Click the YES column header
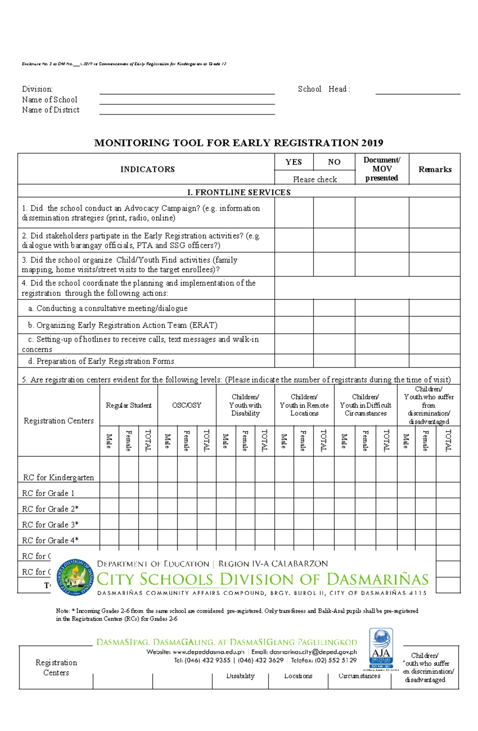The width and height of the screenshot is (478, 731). tap(294, 162)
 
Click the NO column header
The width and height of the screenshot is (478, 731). tap(334, 162)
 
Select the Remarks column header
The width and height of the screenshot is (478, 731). tap(435, 169)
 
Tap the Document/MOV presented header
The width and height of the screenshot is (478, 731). tap(382, 169)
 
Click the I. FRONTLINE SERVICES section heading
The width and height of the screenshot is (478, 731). tap(239, 192)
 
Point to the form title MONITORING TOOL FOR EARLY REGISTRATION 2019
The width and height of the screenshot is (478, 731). tap(239, 143)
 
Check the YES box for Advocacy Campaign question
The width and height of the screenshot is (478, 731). tap(294, 213)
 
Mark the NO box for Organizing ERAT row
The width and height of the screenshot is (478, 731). tap(334, 325)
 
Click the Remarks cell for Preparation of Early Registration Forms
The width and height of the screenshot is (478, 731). tap(435, 361)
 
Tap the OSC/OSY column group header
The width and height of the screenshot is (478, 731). tap(186, 405)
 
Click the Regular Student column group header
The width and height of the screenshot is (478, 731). tap(129, 405)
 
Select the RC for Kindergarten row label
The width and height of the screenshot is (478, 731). tap(59, 477)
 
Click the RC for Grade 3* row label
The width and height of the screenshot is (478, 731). tap(50, 524)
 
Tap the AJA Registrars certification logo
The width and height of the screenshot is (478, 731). tap(381, 649)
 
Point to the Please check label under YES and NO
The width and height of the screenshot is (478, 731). tap(315, 179)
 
